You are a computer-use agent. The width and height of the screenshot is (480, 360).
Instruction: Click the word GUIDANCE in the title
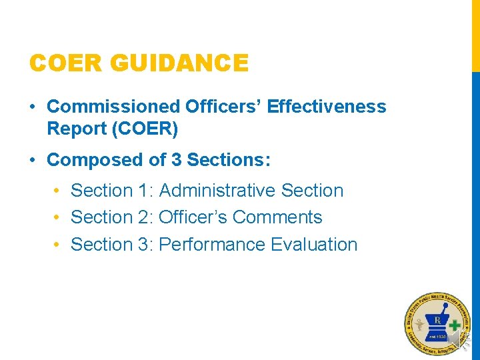(180, 64)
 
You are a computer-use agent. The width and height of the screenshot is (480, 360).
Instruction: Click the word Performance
(212, 245)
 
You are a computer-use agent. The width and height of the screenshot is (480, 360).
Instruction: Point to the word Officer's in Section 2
(193, 217)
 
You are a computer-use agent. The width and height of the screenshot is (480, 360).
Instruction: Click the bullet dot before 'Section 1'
(57, 191)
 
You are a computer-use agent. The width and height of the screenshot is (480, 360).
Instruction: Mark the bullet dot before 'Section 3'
(57, 245)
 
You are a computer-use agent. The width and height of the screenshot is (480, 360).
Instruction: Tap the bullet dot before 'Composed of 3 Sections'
(33, 161)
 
